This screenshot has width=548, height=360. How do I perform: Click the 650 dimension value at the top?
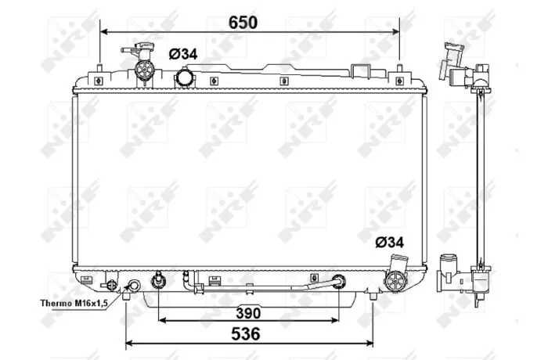click(x=243, y=23)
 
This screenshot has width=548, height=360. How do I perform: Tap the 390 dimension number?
click(x=248, y=313)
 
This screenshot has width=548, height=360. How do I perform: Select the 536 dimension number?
click(x=246, y=334)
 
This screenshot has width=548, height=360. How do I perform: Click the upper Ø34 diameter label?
click(x=183, y=54)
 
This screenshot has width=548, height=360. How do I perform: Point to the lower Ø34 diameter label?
click(x=390, y=242)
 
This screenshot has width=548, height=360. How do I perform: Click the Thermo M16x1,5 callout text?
click(x=74, y=303)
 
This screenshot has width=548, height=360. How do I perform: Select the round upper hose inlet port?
click(x=184, y=77)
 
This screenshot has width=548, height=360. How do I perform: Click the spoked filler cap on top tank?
click(x=144, y=70)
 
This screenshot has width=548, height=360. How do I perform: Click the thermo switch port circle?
click(x=134, y=286)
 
